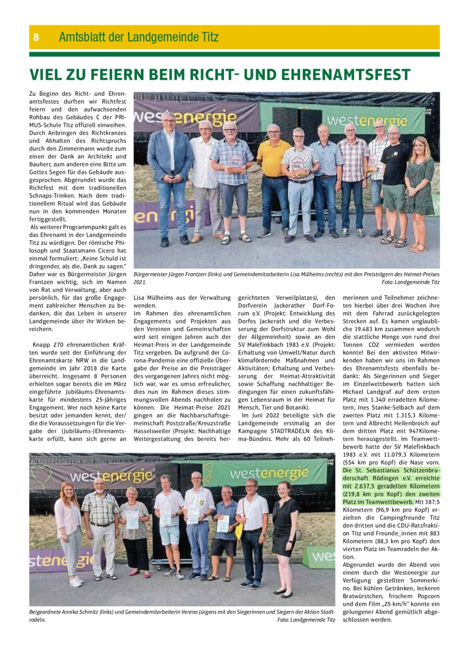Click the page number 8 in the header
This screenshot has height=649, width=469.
click(x=36, y=37)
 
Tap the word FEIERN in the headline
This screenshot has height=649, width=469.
click(x=120, y=75)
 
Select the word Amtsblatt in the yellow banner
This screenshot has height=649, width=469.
click(x=82, y=37)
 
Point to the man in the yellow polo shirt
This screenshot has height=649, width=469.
click(x=274, y=180)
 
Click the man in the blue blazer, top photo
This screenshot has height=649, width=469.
click(x=169, y=174)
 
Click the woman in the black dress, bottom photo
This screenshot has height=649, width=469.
click(x=285, y=534)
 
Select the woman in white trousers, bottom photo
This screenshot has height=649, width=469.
click(x=70, y=534)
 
